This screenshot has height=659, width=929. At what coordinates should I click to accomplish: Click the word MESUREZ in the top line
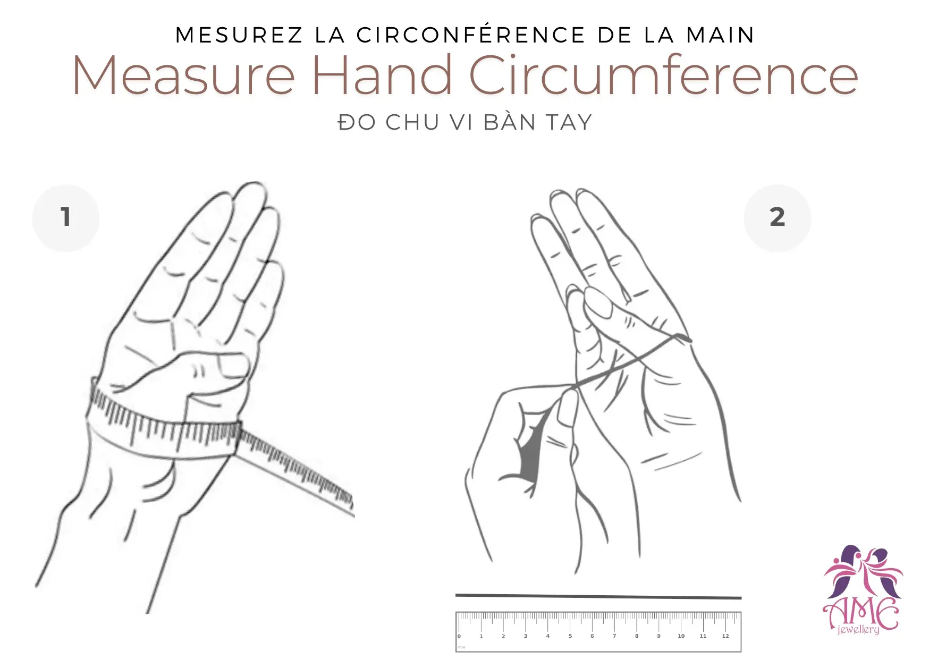tap(239, 35)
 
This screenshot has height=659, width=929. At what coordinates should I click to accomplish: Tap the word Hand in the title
tap(382, 75)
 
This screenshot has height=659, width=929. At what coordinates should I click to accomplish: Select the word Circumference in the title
tap(663, 75)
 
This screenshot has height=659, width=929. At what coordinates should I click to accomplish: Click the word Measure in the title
tap(184, 75)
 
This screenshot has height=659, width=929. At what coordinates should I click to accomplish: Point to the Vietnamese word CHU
tap(412, 122)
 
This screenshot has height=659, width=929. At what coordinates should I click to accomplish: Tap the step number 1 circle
tap(66, 217)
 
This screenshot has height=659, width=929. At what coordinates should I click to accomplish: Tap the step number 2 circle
tap(777, 217)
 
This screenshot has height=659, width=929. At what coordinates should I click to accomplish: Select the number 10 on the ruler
tap(681, 636)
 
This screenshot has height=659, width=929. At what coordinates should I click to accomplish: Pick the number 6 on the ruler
tap(592, 636)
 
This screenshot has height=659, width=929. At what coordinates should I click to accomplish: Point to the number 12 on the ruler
tap(725, 636)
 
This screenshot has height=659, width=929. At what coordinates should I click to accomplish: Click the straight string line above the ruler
tap(598, 596)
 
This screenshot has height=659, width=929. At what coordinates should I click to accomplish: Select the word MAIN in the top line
tap(720, 35)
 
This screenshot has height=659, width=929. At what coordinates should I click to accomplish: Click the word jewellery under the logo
tap(858, 630)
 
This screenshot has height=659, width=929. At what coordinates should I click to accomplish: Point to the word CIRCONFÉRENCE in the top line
tap(471, 35)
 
